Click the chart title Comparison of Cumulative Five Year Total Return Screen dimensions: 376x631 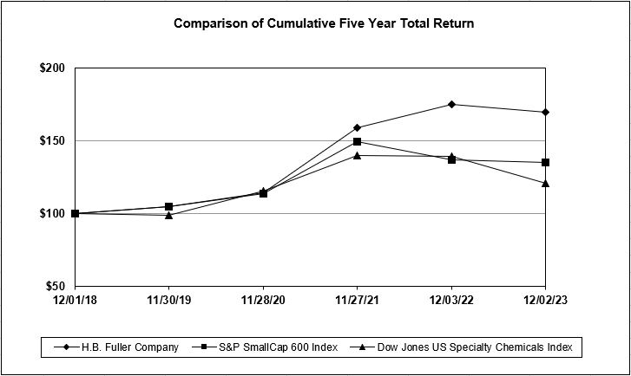[x=324, y=23]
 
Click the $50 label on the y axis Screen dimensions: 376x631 [x=58, y=286]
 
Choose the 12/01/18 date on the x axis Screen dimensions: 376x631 [x=76, y=301]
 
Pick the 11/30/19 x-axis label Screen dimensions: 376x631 [x=169, y=301]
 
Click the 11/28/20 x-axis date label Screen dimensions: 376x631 [x=263, y=301]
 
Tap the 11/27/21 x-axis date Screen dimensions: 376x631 [x=357, y=301]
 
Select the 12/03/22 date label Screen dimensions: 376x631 [x=450, y=301]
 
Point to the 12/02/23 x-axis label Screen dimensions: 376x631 [x=544, y=301]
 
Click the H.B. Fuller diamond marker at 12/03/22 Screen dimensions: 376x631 [x=450, y=104]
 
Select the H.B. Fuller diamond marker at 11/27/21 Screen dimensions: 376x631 [x=357, y=127]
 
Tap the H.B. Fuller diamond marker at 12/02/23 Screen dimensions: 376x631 [x=544, y=112]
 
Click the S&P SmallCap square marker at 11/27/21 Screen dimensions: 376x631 [x=357, y=141]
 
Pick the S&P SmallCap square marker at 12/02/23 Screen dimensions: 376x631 [x=544, y=162]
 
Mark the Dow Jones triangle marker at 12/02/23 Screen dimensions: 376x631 [x=544, y=183]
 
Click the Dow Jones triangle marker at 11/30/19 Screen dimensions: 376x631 [x=169, y=214]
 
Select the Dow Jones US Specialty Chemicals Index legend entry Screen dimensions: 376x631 [x=469, y=347]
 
